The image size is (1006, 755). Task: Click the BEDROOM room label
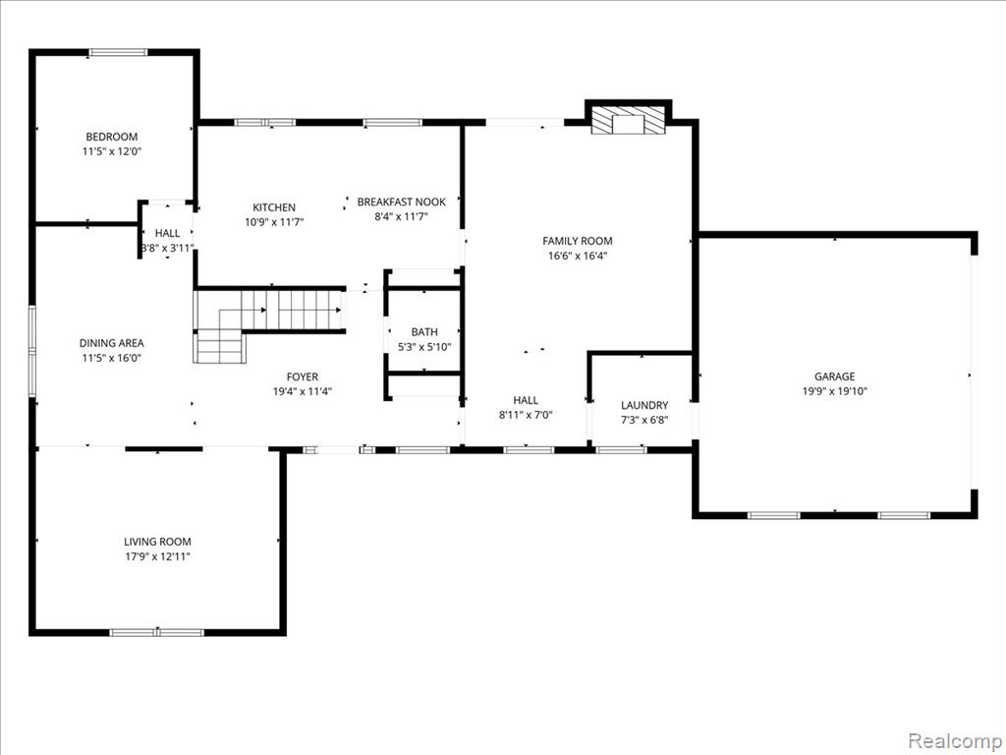[112, 137]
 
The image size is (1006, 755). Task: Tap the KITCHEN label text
[274, 207]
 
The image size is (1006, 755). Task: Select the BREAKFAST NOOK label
[402, 202]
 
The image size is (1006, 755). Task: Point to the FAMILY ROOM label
[578, 241]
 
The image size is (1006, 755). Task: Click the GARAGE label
[835, 377]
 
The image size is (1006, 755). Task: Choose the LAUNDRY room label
[644, 405]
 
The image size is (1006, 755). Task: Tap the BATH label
[424, 332]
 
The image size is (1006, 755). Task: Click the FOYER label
[303, 377]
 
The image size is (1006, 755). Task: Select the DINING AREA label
[112, 343]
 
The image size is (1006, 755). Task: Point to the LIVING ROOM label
[158, 542]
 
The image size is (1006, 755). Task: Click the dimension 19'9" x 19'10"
[835, 391]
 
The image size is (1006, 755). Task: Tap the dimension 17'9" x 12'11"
[158, 556]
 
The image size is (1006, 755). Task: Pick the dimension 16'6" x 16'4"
[578, 256]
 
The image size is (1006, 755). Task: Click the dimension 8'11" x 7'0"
[526, 415]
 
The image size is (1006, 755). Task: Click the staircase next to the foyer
[269, 324]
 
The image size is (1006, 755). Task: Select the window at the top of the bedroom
[118, 53]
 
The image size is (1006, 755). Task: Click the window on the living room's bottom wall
[157, 632]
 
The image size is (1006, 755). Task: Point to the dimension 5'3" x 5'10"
[424, 347]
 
